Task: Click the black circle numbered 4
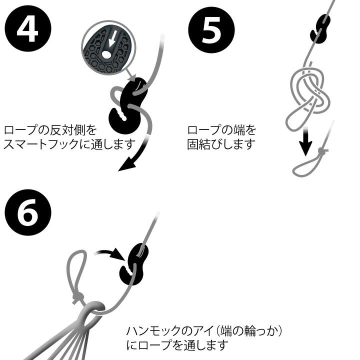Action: click(28, 28)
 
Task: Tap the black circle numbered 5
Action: click(211, 30)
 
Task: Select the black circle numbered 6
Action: click(28, 212)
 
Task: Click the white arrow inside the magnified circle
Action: click(112, 38)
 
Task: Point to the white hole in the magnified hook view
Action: click(105, 54)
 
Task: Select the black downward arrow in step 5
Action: click(305, 140)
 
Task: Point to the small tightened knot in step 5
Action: click(322, 151)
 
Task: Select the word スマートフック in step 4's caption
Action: click(41, 144)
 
